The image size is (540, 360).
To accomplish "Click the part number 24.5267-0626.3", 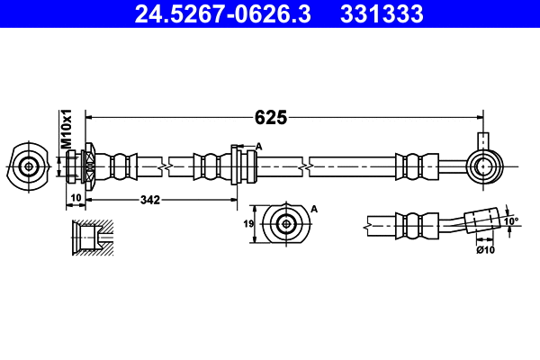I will tap(221, 14).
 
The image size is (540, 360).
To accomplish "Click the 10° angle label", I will tap(510, 220).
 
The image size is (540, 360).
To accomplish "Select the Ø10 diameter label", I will tap(485, 249).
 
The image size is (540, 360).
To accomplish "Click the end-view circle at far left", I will tap(29, 166).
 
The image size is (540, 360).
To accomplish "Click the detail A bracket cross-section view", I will tap(286, 224).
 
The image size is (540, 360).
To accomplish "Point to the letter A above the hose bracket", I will tap(258, 146).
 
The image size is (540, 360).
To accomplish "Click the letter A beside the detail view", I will tap(314, 209).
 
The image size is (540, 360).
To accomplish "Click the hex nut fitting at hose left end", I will tap(91, 166).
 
